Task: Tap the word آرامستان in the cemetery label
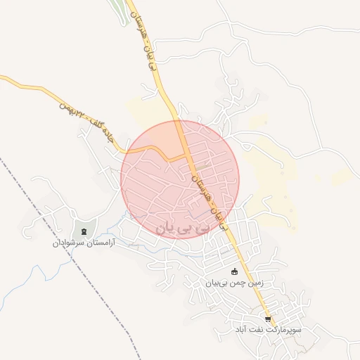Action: (x=99, y=243)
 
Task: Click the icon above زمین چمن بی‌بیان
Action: (x=234, y=273)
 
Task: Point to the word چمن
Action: (x=233, y=283)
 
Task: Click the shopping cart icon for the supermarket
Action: (x=267, y=318)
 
